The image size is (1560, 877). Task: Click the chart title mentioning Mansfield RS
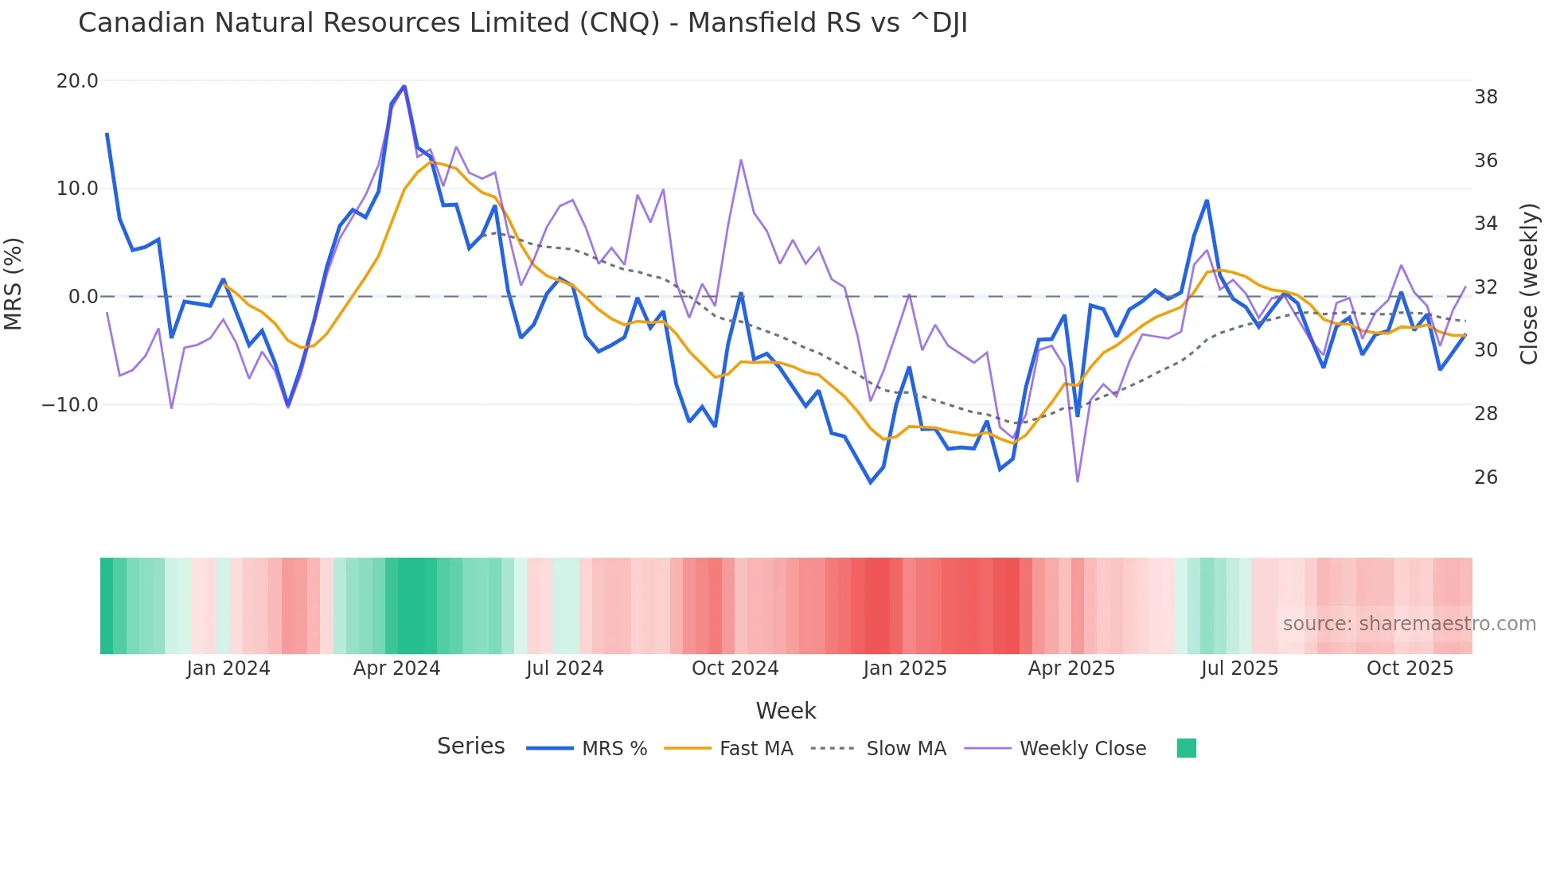(x=522, y=23)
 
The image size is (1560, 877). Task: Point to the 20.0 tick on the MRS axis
(x=77, y=81)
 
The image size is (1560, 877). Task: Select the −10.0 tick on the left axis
(x=70, y=404)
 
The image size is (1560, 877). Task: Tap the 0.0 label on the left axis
(x=83, y=297)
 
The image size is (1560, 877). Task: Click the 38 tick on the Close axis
(x=1485, y=97)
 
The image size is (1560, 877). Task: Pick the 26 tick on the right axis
(x=1485, y=477)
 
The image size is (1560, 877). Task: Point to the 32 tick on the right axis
(x=1485, y=286)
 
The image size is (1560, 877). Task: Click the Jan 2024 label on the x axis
(x=228, y=668)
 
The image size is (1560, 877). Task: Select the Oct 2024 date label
(x=735, y=668)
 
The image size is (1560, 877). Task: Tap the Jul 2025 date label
(x=1239, y=668)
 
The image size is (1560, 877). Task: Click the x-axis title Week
(x=786, y=711)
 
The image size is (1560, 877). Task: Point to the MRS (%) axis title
(x=14, y=283)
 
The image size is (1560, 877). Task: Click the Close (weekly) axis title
(x=1529, y=283)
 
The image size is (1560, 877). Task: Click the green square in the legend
(x=1186, y=748)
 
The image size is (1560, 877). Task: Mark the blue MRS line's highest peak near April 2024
(x=404, y=86)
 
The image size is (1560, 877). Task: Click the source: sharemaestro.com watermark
(x=1409, y=624)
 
